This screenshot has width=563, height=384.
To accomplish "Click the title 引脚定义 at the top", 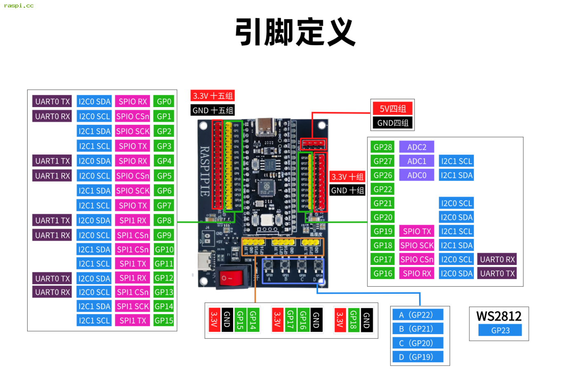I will (x=295, y=32).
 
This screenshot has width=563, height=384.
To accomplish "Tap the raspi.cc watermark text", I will (x=19, y=6).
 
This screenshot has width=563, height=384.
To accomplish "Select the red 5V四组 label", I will (x=392, y=109).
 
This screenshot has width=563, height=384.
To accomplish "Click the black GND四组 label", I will (x=392, y=123).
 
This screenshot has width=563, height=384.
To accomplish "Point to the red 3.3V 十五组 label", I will (x=213, y=96).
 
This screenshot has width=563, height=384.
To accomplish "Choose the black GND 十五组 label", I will (x=213, y=110).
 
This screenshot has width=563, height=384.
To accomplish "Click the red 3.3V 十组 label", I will (x=347, y=177).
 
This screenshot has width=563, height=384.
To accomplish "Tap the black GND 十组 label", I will (x=347, y=190).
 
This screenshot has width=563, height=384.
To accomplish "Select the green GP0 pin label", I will (x=164, y=102).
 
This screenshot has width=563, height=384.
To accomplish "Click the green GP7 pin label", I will (x=164, y=206).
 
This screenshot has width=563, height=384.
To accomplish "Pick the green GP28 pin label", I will (x=382, y=147).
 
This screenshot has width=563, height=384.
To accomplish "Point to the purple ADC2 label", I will (x=417, y=147).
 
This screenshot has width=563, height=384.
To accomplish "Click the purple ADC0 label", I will (x=417, y=175).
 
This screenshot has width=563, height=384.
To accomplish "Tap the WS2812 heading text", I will (x=499, y=316).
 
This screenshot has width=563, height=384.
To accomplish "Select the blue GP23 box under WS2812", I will (x=500, y=330).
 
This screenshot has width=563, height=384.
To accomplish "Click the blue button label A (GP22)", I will (x=418, y=315).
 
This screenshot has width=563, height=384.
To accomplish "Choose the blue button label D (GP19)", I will (x=418, y=357).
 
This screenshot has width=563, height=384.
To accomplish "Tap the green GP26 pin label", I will (x=382, y=175).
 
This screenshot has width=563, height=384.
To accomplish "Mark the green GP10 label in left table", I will (x=164, y=250).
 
